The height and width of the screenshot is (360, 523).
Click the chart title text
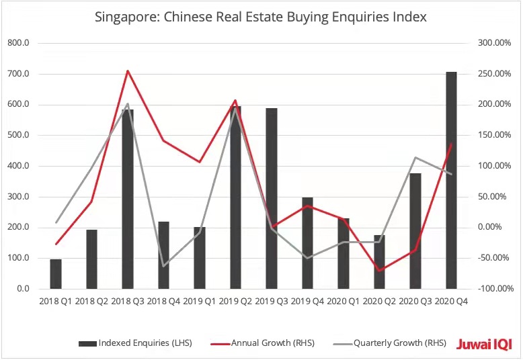tap(261, 16)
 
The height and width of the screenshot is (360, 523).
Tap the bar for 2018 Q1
tap(56, 273)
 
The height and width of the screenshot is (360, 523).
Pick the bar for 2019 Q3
tap(271, 198)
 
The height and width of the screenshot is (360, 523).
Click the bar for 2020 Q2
tap(379, 261)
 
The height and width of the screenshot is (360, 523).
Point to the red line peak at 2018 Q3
tap(128, 71)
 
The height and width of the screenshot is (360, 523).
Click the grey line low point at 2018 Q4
tap(163, 266)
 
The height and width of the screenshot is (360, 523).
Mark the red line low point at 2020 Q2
tap(379, 271)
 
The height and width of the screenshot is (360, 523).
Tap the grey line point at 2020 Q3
tap(415, 157)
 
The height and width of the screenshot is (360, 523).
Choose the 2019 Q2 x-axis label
tap(235, 302)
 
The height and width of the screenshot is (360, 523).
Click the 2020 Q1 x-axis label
tap(343, 302)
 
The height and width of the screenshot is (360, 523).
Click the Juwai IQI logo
tap(484, 343)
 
